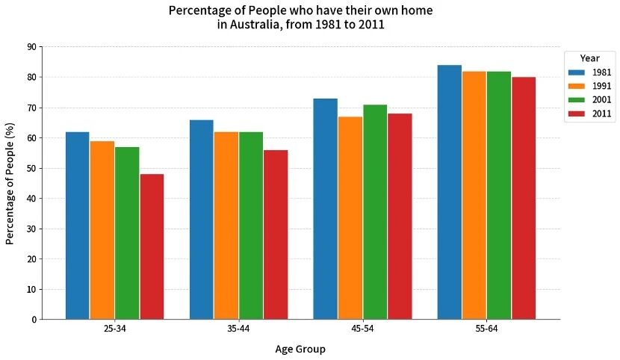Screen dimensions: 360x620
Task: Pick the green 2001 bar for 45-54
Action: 375,212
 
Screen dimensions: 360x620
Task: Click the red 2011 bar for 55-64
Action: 524,198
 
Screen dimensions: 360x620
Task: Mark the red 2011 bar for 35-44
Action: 276,235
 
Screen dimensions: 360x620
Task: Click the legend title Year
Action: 590,58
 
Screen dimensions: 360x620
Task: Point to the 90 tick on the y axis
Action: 31,47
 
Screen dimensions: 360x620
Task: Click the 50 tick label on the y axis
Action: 31,168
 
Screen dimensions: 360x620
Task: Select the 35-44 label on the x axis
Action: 238,329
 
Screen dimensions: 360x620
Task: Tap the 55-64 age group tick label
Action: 486,329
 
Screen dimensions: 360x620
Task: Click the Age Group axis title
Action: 300,349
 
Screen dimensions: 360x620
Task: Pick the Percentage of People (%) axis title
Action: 10,183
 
